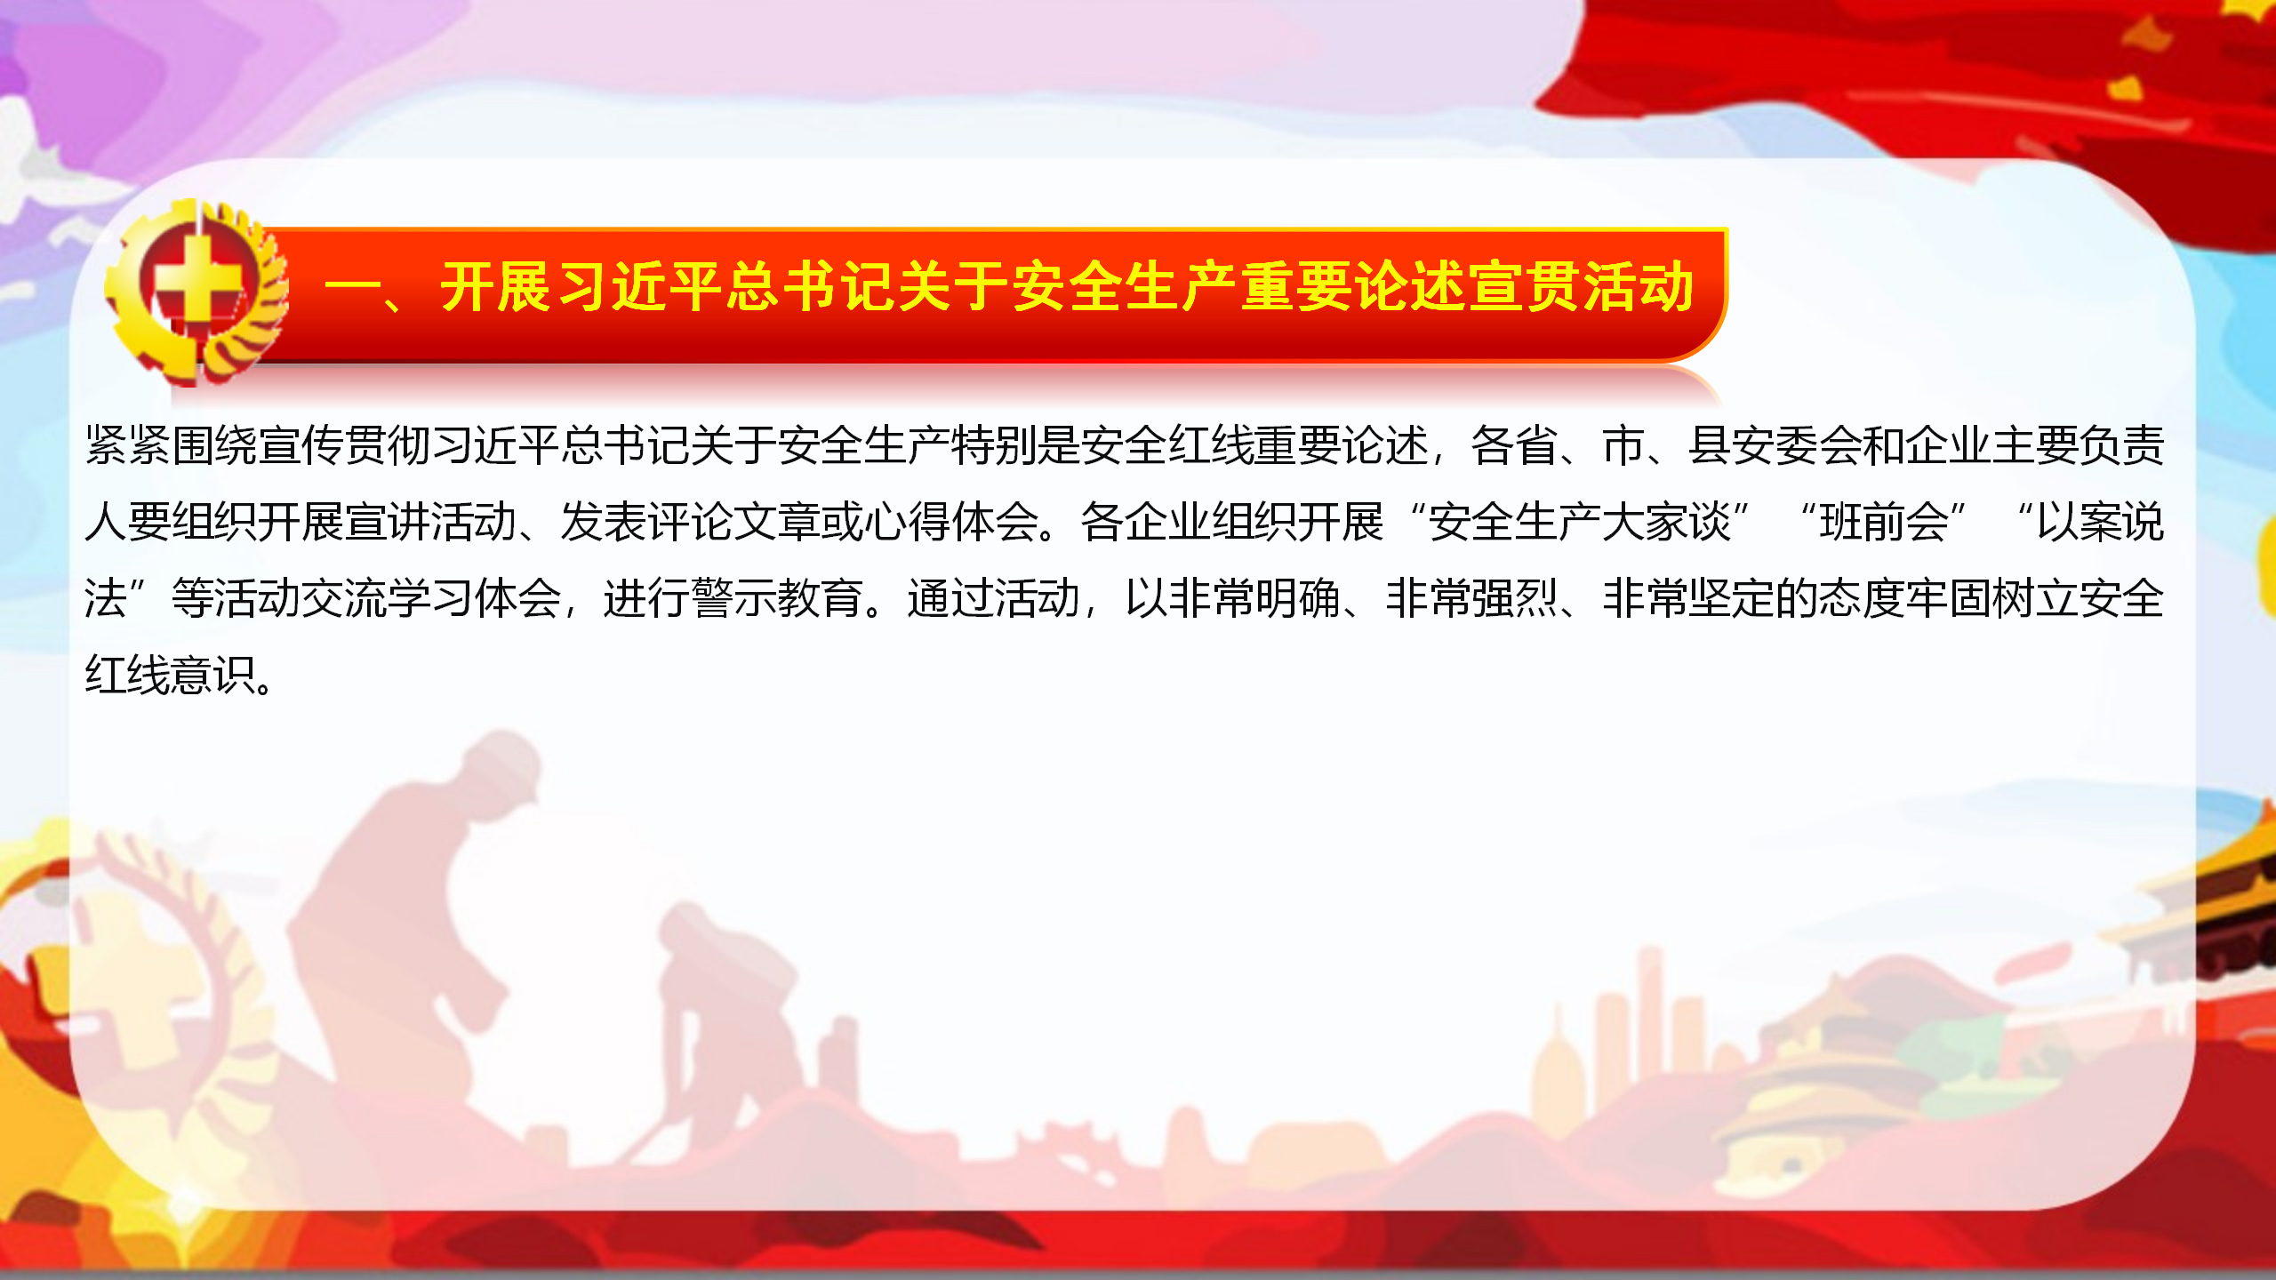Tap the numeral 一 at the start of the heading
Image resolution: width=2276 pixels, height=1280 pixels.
[x=353, y=289]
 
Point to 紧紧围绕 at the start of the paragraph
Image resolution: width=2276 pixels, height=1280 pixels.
[x=172, y=445]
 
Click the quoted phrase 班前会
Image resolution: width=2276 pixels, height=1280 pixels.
[x=1884, y=522]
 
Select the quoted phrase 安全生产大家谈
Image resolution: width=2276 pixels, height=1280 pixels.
[x=1580, y=522]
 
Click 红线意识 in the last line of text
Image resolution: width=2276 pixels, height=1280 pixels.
[x=172, y=675]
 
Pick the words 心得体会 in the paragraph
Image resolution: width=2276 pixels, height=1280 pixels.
[x=952, y=522]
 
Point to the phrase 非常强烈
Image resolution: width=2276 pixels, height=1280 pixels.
[x=1472, y=598]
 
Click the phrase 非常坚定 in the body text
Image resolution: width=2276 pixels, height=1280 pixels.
[x=1689, y=598]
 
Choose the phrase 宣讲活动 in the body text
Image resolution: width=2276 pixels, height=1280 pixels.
[x=431, y=522]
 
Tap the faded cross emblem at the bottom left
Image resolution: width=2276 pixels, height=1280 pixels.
[x=133, y=996]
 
